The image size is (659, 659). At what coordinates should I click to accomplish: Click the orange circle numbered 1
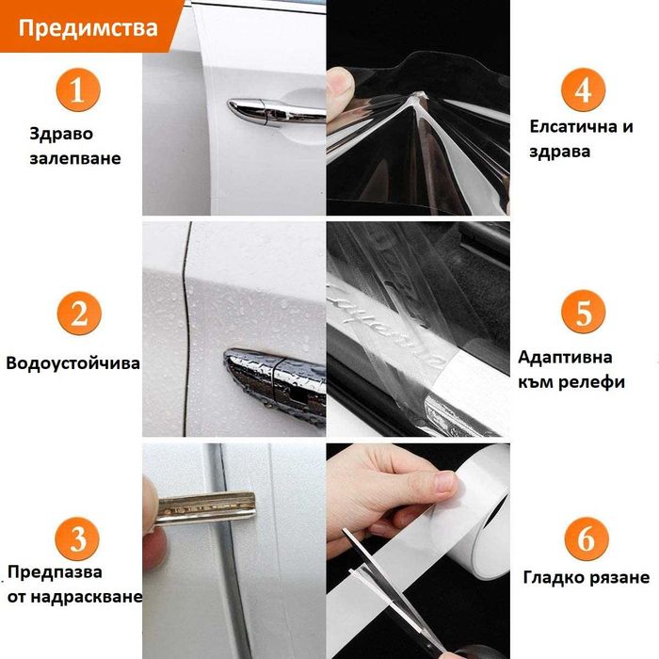(78, 89)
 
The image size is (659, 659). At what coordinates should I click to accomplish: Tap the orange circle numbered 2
(79, 313)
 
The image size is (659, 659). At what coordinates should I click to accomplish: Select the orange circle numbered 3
(77, 539)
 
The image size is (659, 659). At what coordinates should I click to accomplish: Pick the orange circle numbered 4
(583, 89)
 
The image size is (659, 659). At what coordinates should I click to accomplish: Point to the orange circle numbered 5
(584, 312)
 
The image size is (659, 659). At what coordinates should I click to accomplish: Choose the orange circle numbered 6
(587, 539)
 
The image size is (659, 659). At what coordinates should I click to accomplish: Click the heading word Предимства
(88, 28)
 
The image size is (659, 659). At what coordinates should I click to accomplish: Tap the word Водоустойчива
(73, 363)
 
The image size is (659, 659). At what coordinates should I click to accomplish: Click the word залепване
(75, 158)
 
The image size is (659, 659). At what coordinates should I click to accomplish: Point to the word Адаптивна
(565, 358)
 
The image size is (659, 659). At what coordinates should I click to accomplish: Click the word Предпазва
(55, 572)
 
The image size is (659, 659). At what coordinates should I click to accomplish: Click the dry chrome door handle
(276, 112)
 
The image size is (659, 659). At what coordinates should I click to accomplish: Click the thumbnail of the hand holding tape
(419, 551)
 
